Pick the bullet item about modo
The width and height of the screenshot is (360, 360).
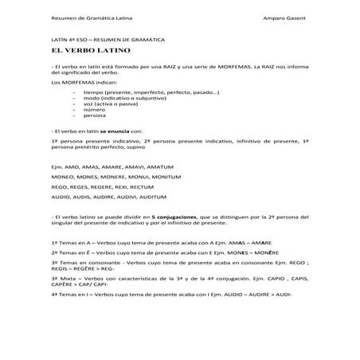119,99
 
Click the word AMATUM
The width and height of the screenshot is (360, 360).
155,166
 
